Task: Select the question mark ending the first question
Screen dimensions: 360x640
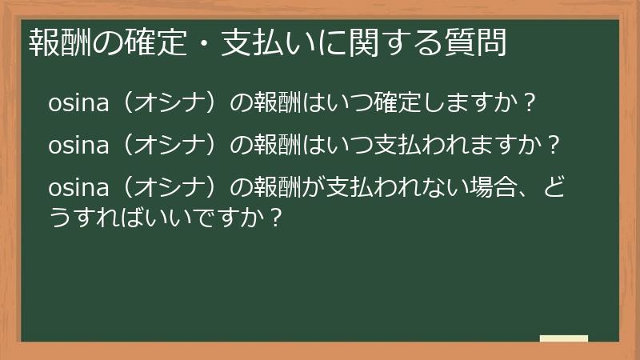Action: [x=527, y=104]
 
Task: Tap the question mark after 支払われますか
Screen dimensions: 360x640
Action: [x=550, y=147]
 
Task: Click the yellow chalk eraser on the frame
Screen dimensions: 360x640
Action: [x=564, y=338]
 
